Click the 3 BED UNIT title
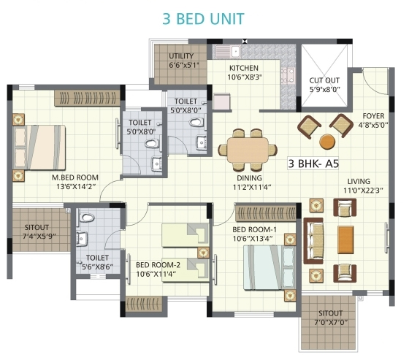[x=203, y=19]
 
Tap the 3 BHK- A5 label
[x=313, y=164]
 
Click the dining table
[x=248, y=150]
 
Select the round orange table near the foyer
[x=327, y=142]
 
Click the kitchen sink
[x=235, y=51]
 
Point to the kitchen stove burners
[x=288, y=75]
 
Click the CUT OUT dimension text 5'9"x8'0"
[x=325, y=89]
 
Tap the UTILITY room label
[x=181, y=55]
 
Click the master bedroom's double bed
[x=39, y=147]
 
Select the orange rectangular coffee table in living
[x=345, y=240]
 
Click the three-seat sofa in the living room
[x=313, y=241]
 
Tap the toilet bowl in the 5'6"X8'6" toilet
[x=86, y=218]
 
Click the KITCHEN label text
[x=244, y=68]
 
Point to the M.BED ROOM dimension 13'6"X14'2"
[x=76, y=186]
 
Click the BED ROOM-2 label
[x=158, y=265]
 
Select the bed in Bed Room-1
[x=270, y=267]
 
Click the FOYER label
[x=373, y=116]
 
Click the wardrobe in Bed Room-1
[x=266, y=212]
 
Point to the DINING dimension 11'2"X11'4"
[x=252, y=187]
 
